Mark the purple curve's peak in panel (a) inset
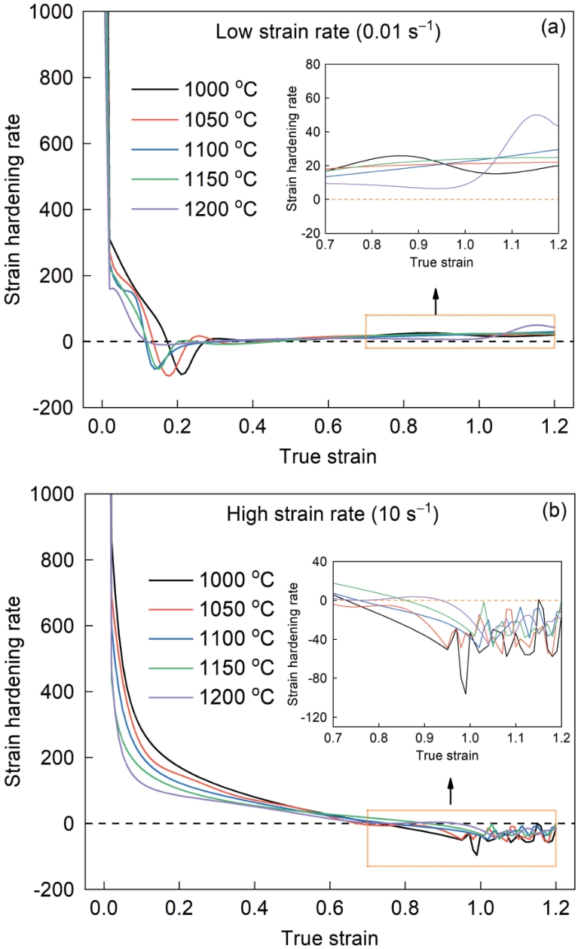tap(536, 115)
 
